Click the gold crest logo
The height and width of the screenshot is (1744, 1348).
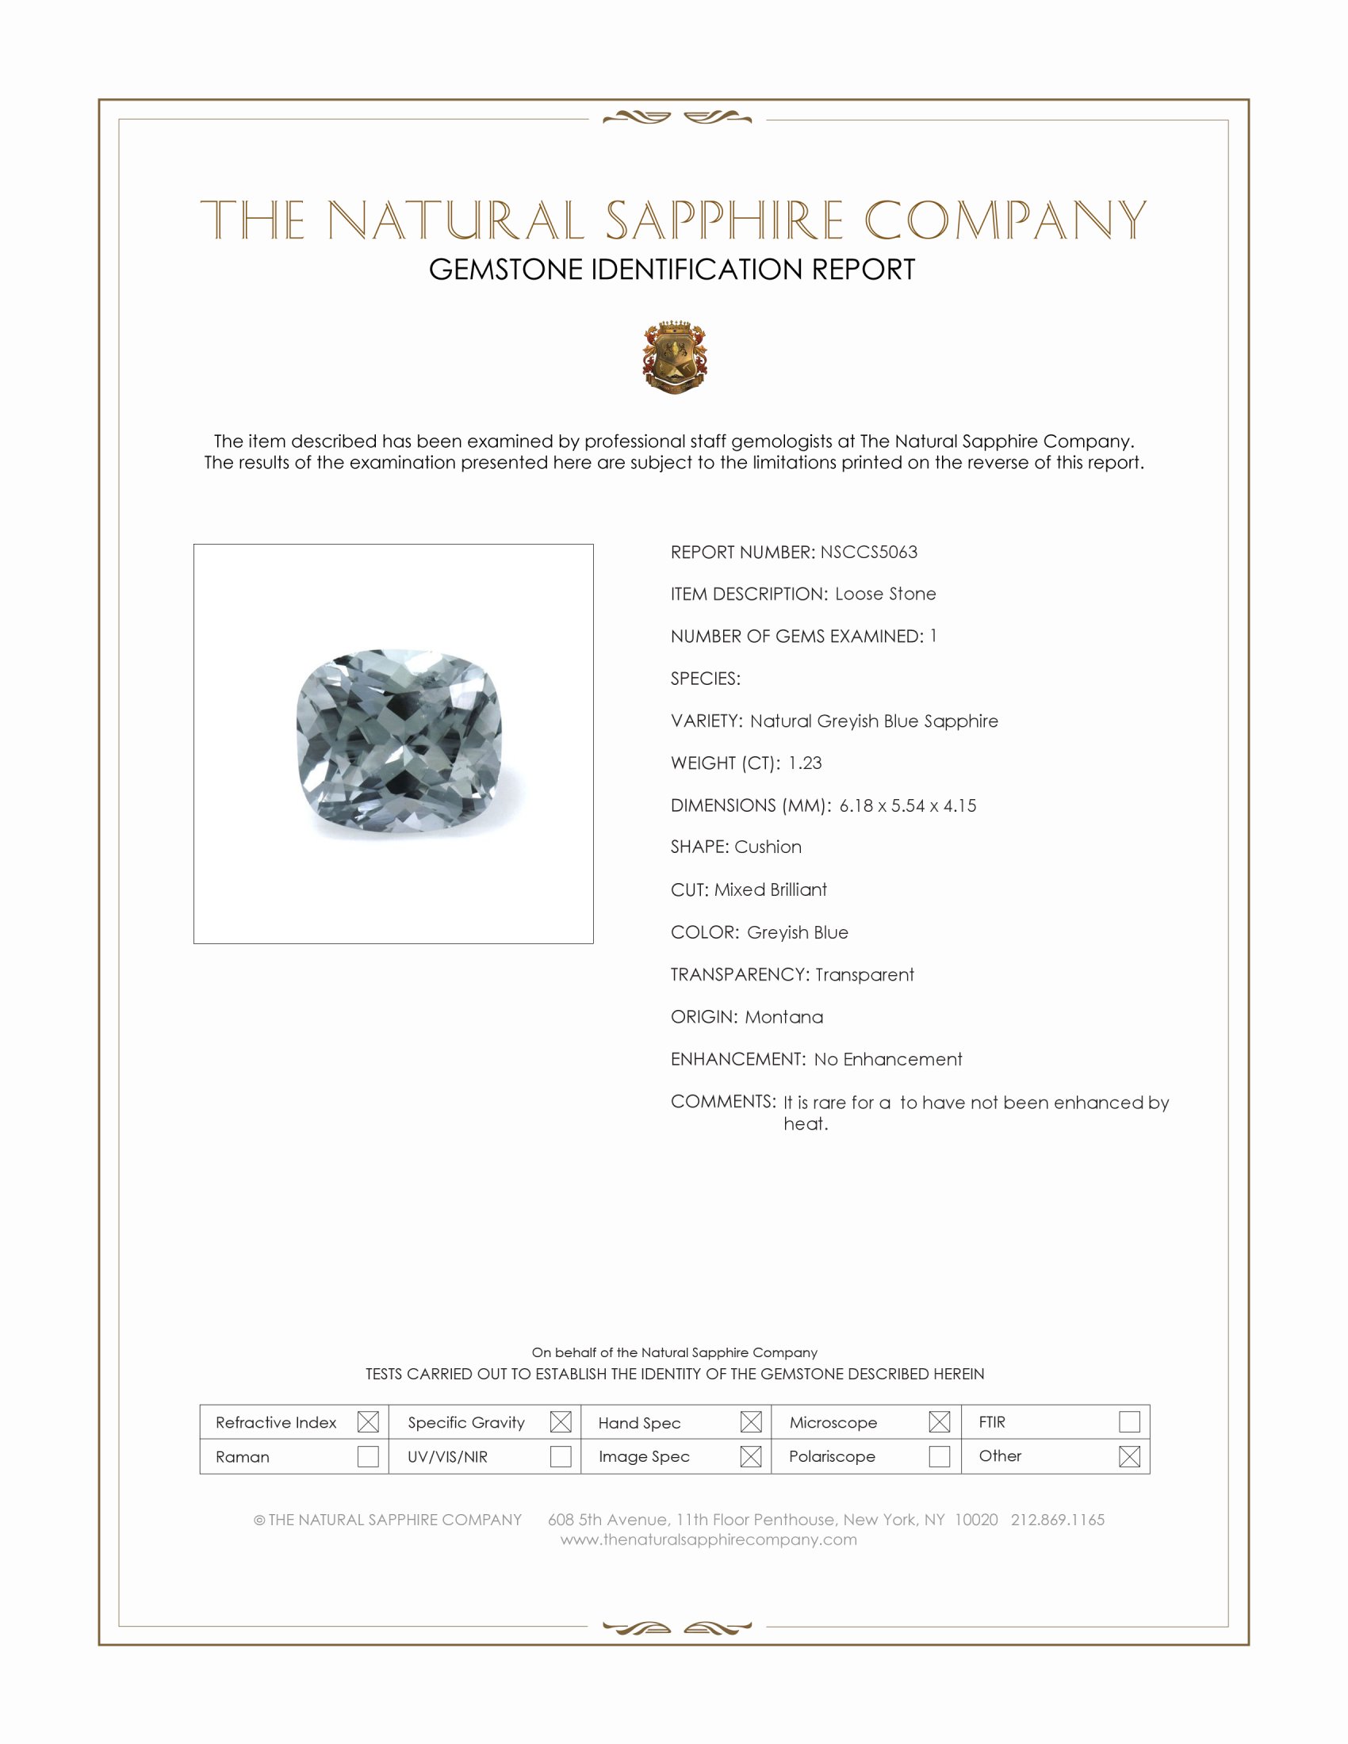pyautogui.click(x=675, y=357)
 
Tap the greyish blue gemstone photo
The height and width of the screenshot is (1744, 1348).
pyautogui.click(x=399, y=741)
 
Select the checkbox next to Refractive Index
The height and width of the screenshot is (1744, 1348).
pyautogui.click(x=368, y=1422)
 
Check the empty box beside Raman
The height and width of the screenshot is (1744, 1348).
pyautogui.click(x=368, y=1456)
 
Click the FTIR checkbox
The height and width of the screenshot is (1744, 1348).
pyautogui.click(x=1129, y=1422)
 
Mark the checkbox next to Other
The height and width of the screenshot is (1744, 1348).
pyautogui.click(x=1129, y=1456)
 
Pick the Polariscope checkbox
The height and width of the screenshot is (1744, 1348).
pyautogui.click(x=939, y=1456)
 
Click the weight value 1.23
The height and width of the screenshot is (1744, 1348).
pyautogui.click(x=804, y=763)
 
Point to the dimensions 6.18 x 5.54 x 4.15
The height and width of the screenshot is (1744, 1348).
pyautogui.click(x=907, y=805)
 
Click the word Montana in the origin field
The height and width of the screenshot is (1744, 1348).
pyautogui.click(x=783, y=1016)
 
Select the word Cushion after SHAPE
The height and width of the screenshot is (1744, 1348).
pyautogui.click(x=768, y=847)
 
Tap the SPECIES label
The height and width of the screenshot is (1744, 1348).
pyautogui.click(x=705, y=679)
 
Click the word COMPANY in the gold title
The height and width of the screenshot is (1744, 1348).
pyautogui.click(x=1005, y=220)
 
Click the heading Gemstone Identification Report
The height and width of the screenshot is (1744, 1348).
pyautogui.click(x=672, y=270)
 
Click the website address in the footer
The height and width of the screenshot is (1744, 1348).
pyautogui.click(x=708, y=1539)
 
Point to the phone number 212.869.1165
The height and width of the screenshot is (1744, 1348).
pyautogui.click(x=1057, y=1520)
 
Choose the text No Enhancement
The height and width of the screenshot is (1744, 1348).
pyautogui.click(x=888, y=1059)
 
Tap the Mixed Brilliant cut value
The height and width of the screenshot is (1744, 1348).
pyautogui.click(x=770, y=889)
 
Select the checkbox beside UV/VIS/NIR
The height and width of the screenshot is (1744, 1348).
pyautogui.click(x=561, y=1456)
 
